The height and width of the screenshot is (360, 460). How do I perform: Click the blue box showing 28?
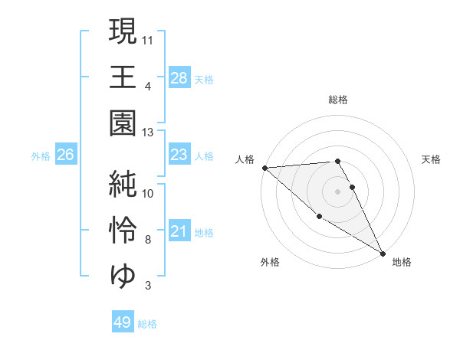179,77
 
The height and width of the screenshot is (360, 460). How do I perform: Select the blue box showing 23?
179,155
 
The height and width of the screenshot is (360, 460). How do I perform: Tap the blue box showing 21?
179,231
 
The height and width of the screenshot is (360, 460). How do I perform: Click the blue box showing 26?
65,155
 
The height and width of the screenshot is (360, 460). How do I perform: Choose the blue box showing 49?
123,322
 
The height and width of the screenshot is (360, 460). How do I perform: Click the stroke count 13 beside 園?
148,133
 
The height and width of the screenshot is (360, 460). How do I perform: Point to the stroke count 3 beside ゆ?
148,286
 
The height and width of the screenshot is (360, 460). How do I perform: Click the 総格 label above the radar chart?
338,100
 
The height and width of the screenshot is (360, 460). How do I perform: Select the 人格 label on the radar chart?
245,159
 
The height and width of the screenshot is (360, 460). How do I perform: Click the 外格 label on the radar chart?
270,263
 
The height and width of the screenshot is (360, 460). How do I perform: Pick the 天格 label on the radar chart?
431,159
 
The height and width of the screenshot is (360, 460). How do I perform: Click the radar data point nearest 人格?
264,168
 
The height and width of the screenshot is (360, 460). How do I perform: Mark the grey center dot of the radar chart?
338,191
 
